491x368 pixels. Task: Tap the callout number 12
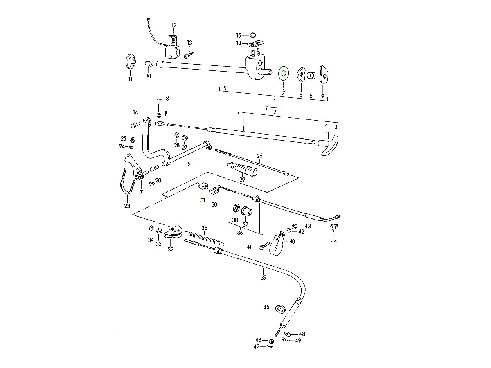click(x=174, y=25)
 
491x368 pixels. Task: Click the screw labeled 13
click(x=189, y=54)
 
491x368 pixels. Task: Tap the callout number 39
click(x=264, y=278)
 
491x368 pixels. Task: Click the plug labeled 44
click(x=333, y=227)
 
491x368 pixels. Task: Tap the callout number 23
click(x=127, y=206)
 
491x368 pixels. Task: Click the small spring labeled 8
click(x=311, y=76)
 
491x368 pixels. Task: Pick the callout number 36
click(x=240, y=233)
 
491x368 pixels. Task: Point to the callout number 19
click(x=188, y=163)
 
